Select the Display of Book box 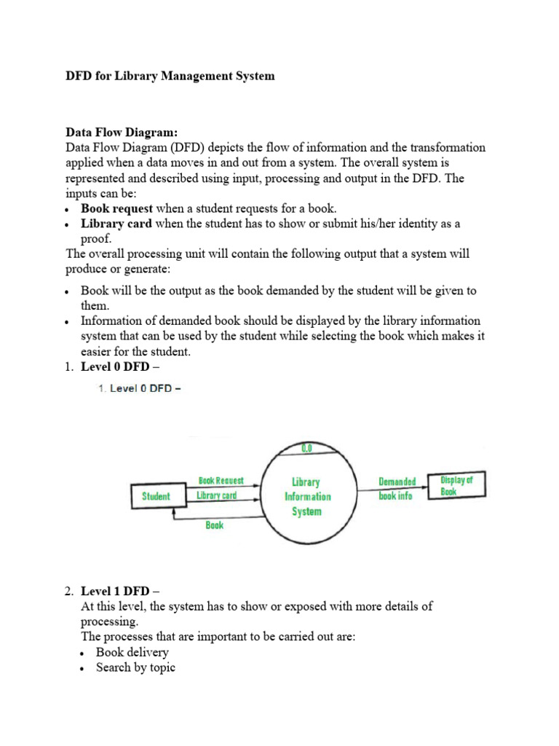pos(456,485)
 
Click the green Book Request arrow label pos(221,481)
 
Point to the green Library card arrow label pos(217,496)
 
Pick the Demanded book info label pos(397,489)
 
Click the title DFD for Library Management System pos(170,76)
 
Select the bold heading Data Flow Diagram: pos(122,133)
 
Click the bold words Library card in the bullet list pos(116,224)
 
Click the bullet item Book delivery pos(132,652)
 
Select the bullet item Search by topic pos(135,667)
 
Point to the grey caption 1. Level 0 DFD pos(139,388)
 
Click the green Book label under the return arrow pos(215,525)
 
